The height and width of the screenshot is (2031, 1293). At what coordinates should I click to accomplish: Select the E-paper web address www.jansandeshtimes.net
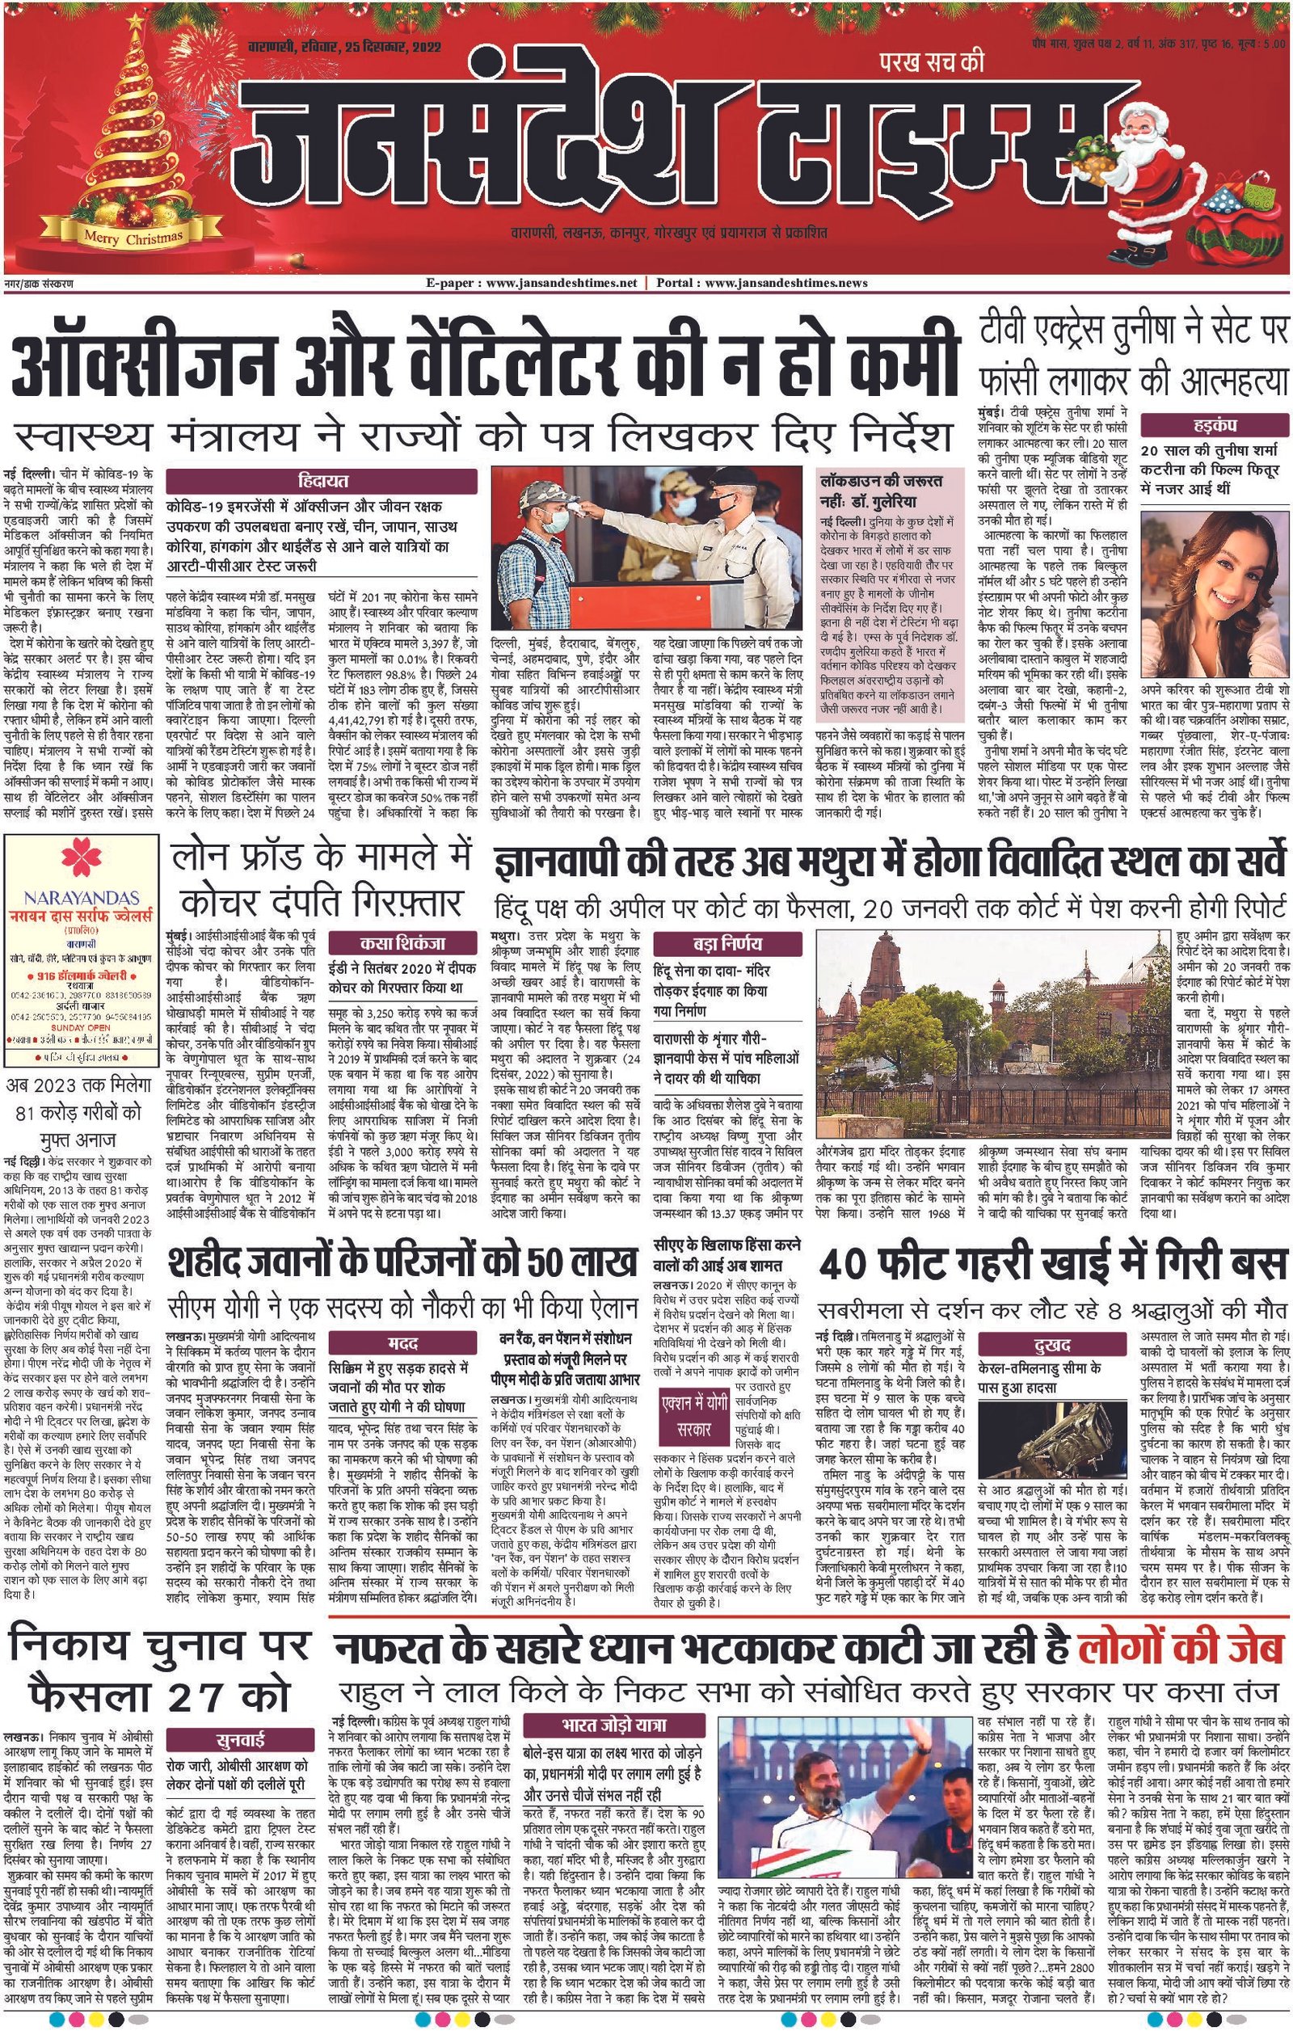[533, 283]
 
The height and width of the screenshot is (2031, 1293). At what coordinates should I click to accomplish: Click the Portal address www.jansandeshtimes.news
[785, 283]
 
